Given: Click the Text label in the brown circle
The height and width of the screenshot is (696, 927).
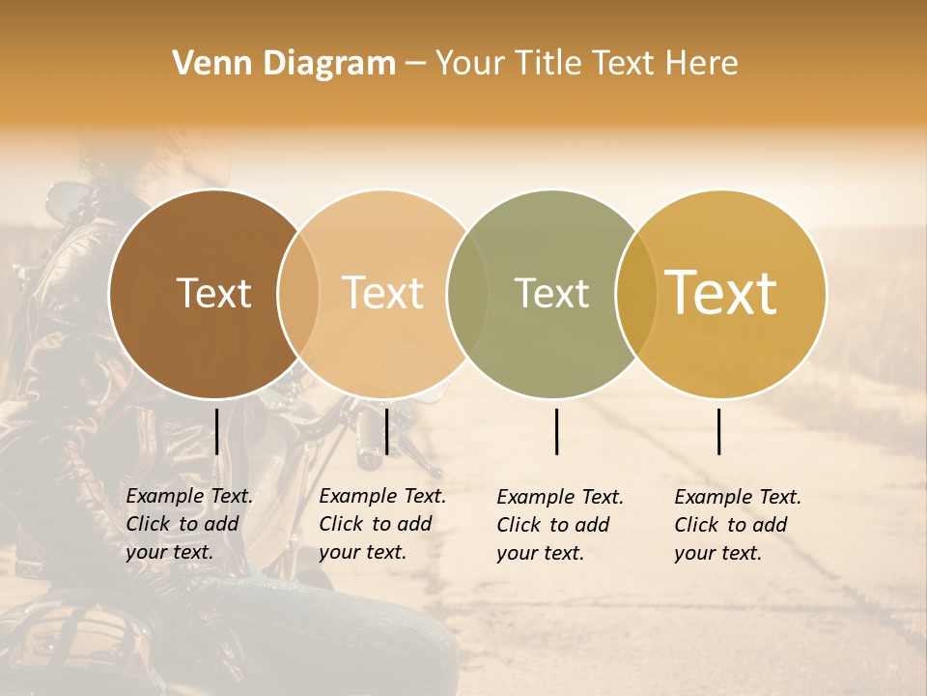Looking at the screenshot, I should [213, 293].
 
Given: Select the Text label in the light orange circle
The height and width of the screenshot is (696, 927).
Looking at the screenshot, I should [383, 293].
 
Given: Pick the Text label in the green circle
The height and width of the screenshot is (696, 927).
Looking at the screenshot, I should [551, 293].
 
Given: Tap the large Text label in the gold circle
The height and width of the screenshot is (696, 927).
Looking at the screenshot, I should [721, 293].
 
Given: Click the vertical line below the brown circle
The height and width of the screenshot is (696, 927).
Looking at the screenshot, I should [216, 431].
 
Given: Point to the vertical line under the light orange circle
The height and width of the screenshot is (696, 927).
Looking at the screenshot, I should [386, 431].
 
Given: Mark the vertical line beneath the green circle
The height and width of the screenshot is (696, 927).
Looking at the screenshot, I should [556, 431].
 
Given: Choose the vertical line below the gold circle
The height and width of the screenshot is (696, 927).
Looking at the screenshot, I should [719, 431].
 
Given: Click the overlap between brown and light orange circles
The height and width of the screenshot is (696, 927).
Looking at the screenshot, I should [298, 293].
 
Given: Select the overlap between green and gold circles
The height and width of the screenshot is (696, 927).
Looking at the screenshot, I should [635, 293].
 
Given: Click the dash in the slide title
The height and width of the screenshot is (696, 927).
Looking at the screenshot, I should [415, 65].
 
